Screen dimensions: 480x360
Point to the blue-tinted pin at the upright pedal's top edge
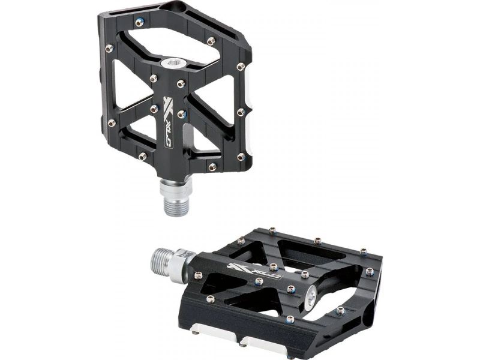[139, 22]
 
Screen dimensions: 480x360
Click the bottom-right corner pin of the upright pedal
[241, 157]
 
